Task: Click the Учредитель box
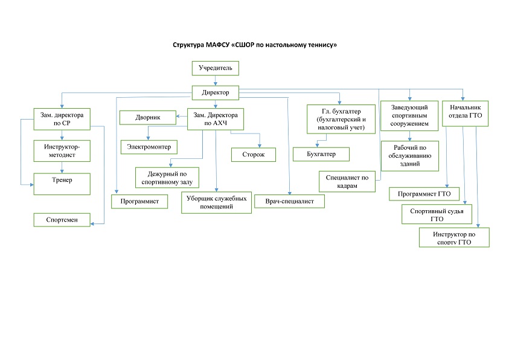[x=216, y=68]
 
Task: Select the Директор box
[x=216, y=92]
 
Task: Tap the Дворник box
[x=147, y=117]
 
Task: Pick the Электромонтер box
[x=149, y=146]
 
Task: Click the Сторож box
[x=254, y=155]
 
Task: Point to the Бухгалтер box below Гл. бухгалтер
[x=322, y=154]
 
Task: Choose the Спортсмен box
[x=62, y=220]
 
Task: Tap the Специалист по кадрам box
[x=347, y=182]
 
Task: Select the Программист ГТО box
[x=424, y=194]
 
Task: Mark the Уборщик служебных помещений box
[x=216, y=202]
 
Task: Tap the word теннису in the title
[x=317, y=45]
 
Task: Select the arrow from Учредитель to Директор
[x=216, y=80]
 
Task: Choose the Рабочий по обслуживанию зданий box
[x=410, y=155]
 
